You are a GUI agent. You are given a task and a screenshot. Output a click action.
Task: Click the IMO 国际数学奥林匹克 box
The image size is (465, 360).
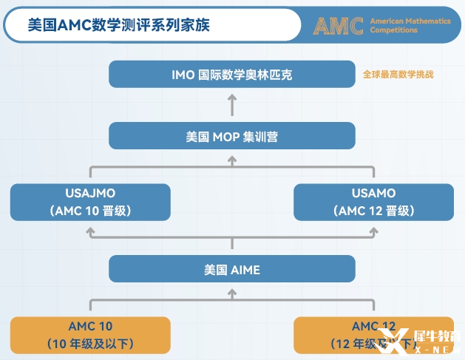click(x=232, y=75)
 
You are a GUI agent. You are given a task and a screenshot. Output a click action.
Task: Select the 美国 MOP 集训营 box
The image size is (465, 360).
click(x=232, y=136)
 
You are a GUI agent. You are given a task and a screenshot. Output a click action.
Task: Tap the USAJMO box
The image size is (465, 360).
click(x=90, y=202)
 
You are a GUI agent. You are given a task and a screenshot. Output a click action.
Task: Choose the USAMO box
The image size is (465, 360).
click(x=373, y=202)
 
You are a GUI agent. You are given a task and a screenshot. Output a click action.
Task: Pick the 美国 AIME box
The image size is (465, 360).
click(x=232, y=269)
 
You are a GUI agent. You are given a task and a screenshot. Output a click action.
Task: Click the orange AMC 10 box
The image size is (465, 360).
click(x=90, y=334)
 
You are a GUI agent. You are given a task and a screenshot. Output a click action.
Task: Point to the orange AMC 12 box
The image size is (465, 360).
click(x=373, y=334)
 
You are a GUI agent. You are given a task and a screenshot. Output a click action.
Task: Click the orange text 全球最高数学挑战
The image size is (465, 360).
click(x=398, y=75)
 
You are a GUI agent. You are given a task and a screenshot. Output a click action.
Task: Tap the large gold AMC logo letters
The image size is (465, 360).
click(x=338, y=26)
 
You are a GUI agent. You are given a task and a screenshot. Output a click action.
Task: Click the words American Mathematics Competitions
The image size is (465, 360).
click(x=410, y=26)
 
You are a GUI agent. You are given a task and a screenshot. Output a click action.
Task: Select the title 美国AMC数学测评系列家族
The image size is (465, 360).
click(x=118, y=25)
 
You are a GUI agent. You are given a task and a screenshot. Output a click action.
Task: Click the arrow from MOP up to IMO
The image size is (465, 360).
click(x=232, y=105)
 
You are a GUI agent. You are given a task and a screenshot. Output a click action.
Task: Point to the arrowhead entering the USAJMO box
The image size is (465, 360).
click(x=90, y=232)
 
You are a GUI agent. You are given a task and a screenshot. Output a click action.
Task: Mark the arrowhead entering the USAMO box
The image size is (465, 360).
click(x=373, y=232)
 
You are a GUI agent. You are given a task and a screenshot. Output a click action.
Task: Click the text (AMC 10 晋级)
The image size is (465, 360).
click(x=90, y=211)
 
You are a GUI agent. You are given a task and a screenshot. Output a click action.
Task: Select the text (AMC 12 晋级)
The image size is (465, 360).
click(x=373, y=211)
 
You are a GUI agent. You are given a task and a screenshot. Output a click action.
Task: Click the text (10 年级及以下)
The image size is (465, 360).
click(x=90, y=344)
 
